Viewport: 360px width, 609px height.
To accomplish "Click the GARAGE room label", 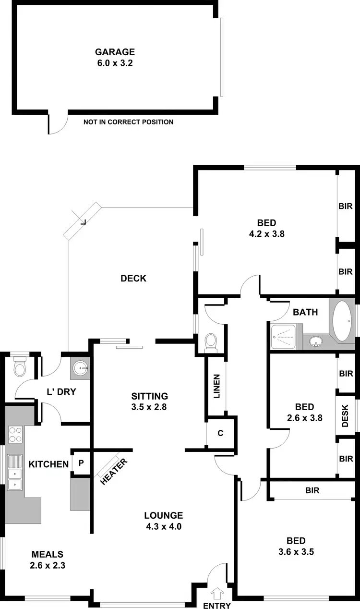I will point(115,52).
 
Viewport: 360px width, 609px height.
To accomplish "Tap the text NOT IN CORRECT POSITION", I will point(128,122).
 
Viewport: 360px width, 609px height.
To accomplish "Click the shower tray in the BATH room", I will point(283,336).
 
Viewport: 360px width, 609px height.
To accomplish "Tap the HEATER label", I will point(113,472).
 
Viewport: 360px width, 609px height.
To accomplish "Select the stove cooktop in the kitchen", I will point(15,434).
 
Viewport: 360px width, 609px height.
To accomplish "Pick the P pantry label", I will point(81,463).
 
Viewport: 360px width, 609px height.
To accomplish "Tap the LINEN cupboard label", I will point(216,387).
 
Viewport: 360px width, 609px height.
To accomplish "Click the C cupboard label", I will point(220,433).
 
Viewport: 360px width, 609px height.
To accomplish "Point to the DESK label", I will point(346,415).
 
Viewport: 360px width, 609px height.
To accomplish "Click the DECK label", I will point(133,278).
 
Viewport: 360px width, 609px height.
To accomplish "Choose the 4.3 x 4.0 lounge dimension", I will point(164,526).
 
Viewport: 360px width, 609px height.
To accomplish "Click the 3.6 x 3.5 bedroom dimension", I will point(296,551).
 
